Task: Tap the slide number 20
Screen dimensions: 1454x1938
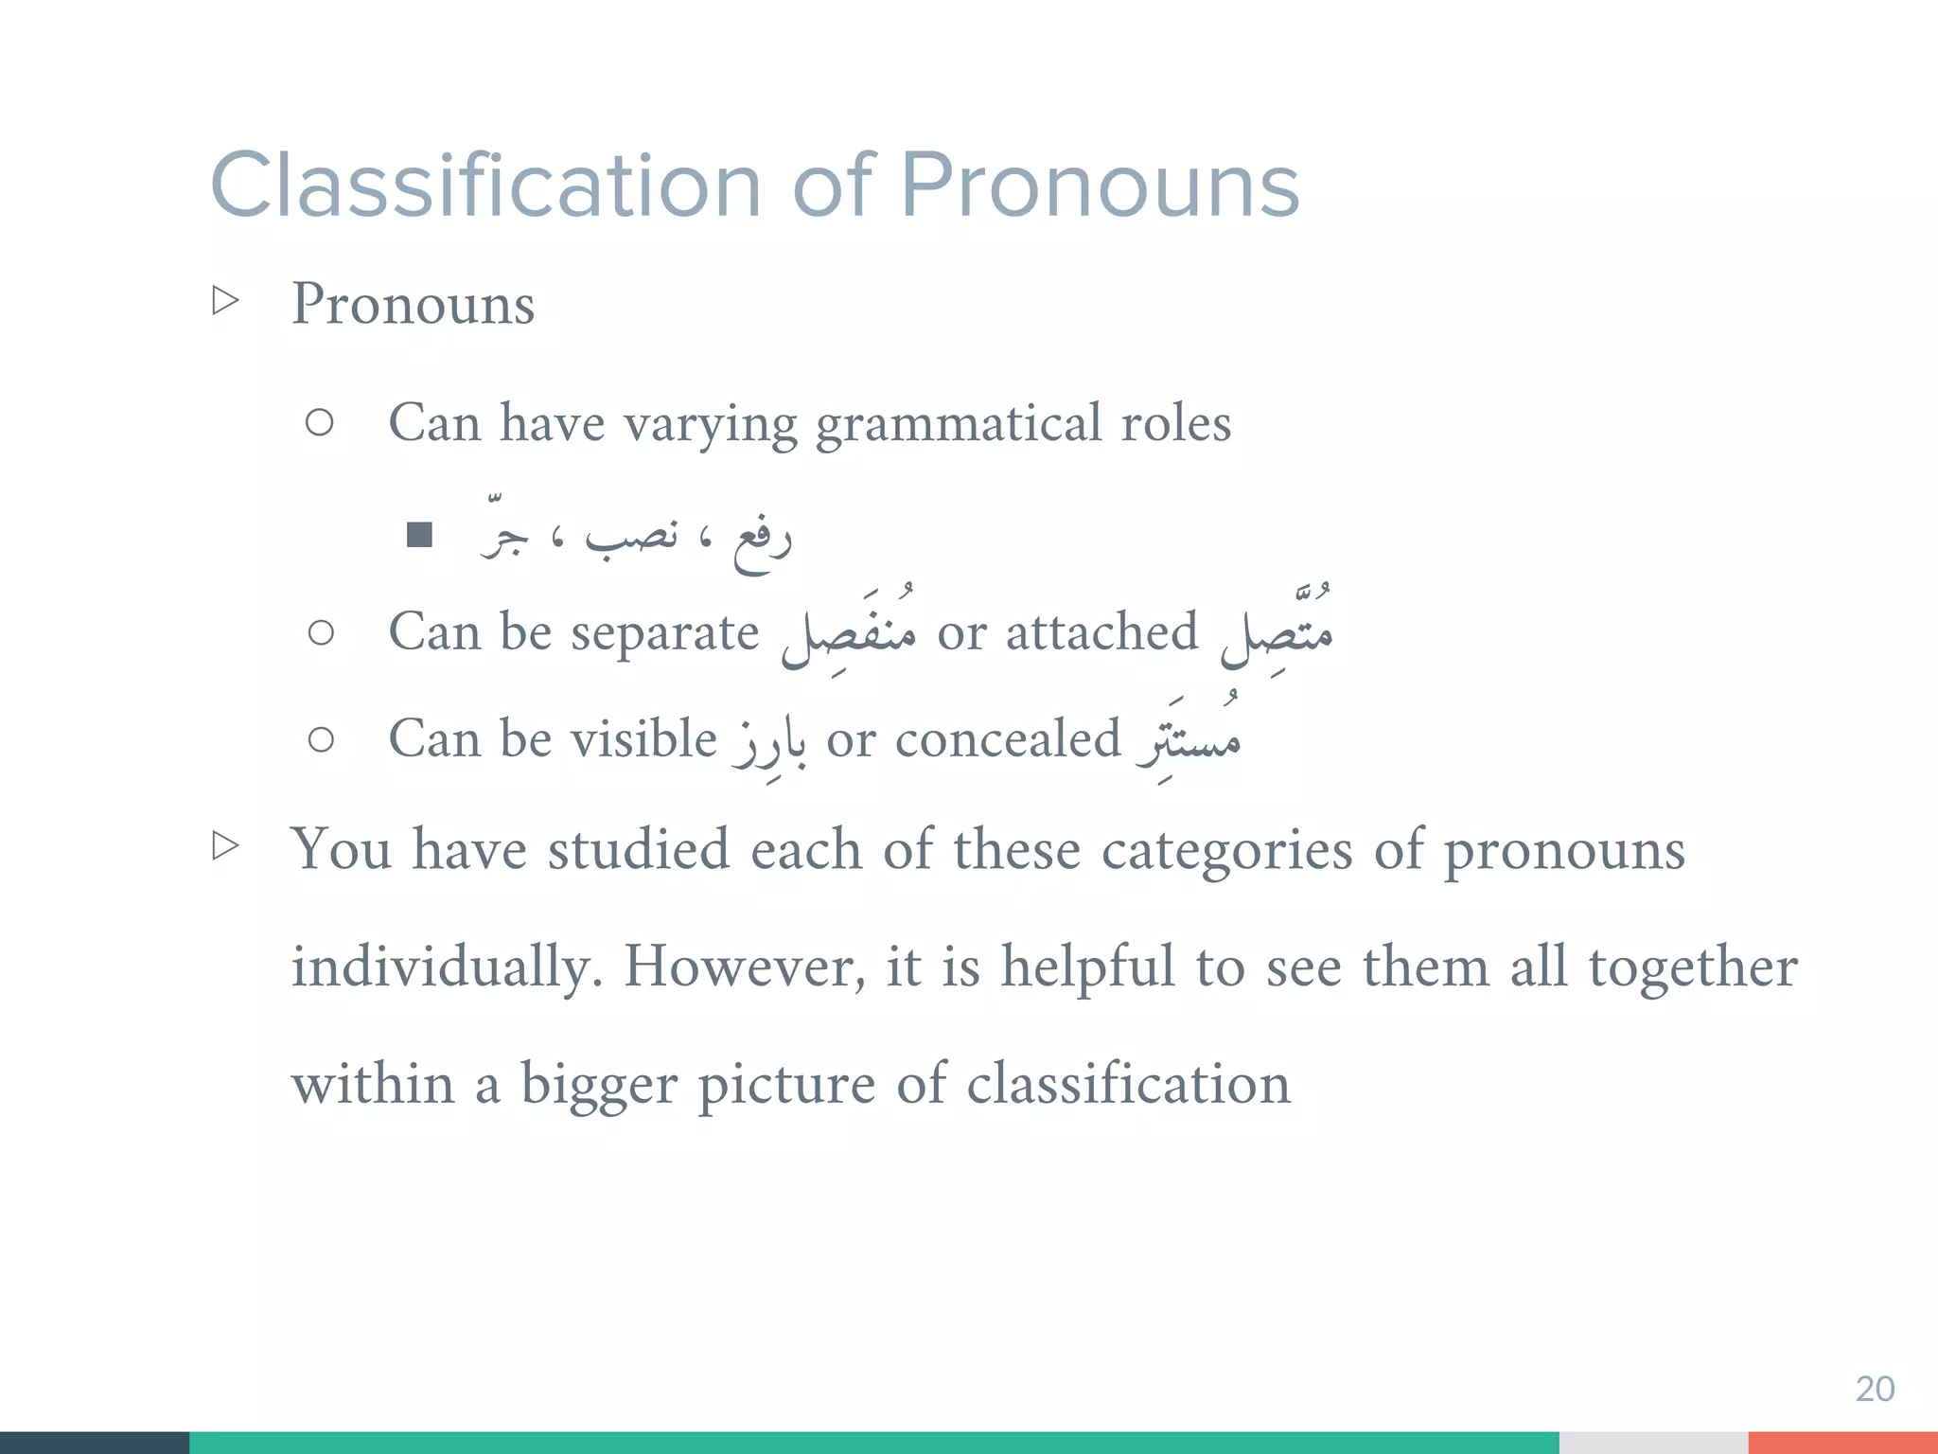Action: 1874,1389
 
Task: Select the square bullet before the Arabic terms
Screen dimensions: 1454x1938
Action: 419,536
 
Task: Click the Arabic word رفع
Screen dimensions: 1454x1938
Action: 762,541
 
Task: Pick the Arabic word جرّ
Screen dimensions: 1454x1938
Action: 503,536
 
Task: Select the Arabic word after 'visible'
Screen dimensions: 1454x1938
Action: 770,746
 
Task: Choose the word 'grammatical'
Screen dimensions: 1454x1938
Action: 958,423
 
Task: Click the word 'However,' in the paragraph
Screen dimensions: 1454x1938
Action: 744,967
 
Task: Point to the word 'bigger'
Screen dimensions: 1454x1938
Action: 599,1085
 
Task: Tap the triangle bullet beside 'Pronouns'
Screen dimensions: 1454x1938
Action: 225,301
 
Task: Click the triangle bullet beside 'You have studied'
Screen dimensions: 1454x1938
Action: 225,845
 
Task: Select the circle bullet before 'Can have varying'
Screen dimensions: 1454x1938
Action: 320,422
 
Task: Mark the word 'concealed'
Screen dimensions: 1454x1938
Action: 1008,739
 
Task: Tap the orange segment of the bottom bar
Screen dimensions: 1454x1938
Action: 1842,1443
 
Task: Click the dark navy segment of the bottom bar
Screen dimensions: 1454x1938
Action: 95,1443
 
